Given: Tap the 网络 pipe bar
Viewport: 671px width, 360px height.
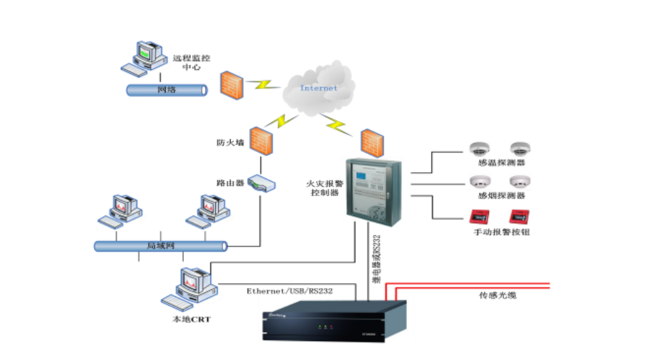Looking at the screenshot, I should click(167, 90).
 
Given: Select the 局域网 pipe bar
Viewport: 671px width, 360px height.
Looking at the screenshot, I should click(161, 246).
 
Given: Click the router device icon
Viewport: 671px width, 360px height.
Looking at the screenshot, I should click(261, 183).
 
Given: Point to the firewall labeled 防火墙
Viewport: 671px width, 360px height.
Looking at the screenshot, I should click(260, 141).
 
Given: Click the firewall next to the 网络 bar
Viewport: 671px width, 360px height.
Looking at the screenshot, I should click(231, 84).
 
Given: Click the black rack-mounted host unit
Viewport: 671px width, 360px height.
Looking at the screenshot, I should click(334, 321).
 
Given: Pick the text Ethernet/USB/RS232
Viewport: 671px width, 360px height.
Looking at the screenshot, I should click(290, 291).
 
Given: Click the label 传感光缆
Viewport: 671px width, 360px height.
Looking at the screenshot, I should click(498, 294).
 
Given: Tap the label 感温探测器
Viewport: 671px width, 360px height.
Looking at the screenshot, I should click(502, 163).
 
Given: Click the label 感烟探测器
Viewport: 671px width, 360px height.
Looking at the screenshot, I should click(502, 197).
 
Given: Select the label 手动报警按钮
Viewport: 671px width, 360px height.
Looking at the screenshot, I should click(502, 232).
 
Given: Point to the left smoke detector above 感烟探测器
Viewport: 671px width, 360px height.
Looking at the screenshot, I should click(481, 182).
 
